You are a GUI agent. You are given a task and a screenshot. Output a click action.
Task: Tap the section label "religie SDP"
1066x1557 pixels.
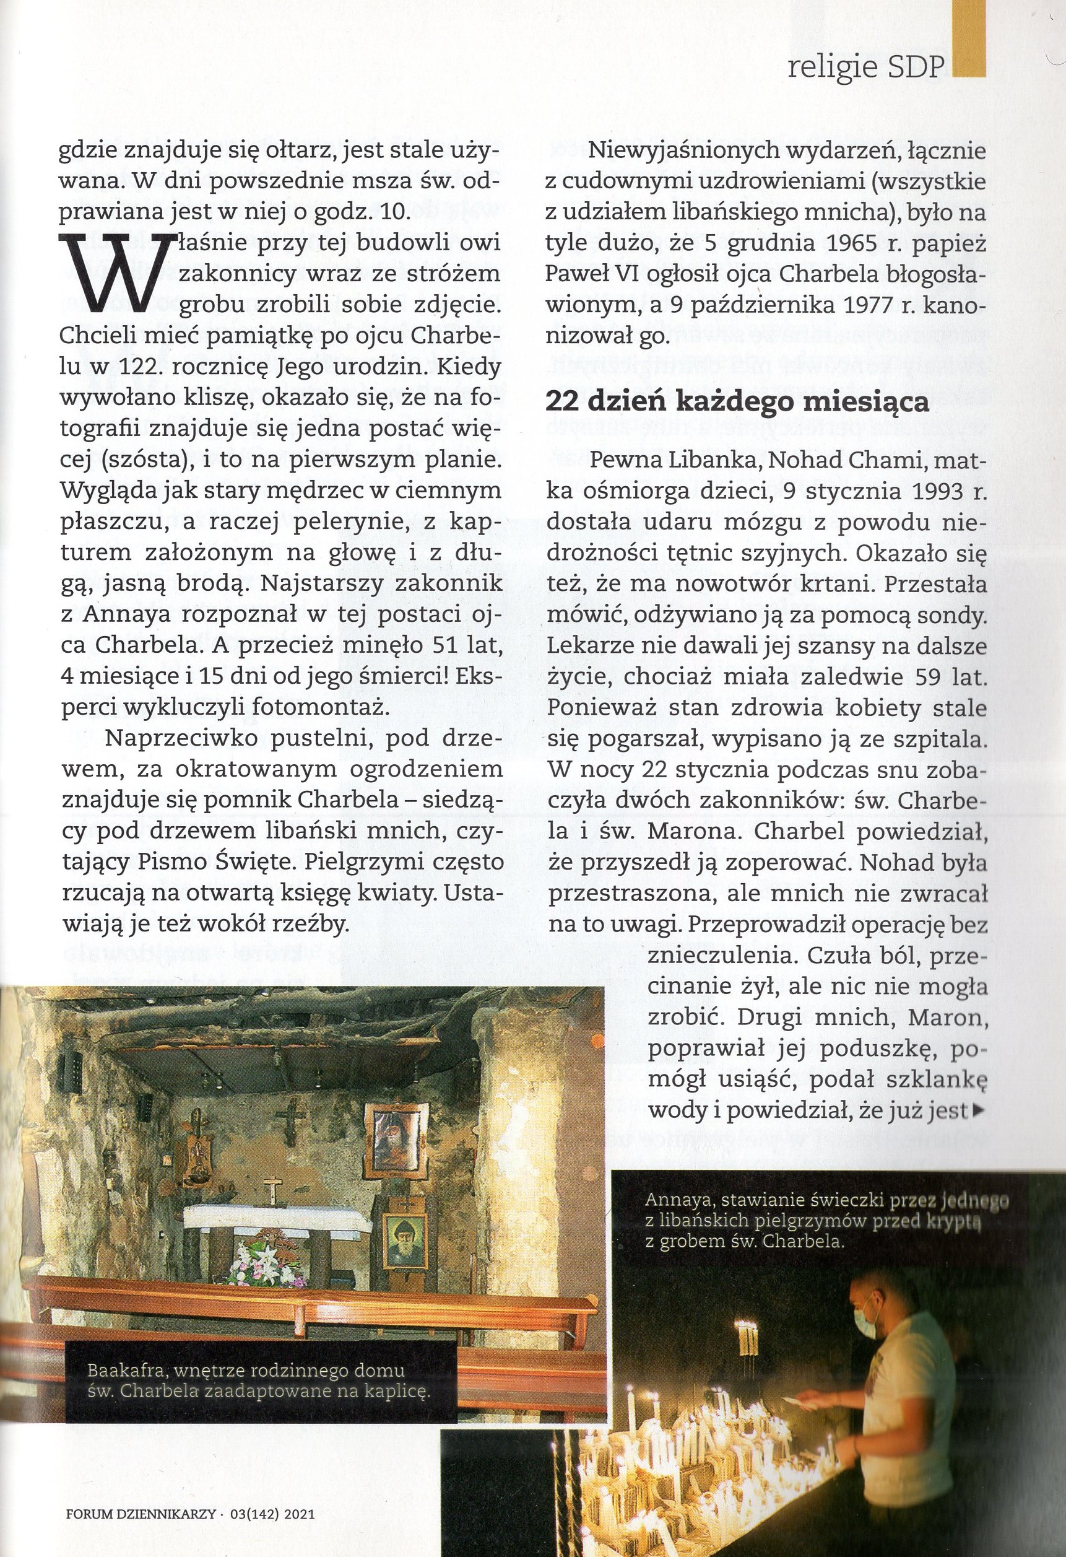click(867, 67)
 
